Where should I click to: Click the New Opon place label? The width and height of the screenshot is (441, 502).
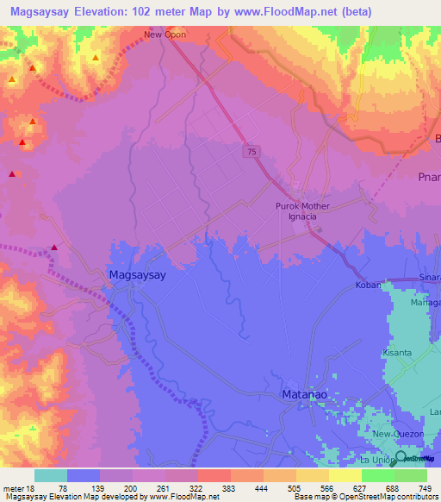pos(165,35)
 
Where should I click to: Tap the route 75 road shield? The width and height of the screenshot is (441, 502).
pos(250,151)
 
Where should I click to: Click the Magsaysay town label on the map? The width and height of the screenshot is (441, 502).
pos(138,274)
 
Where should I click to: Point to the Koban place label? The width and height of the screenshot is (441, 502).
pos(368,285)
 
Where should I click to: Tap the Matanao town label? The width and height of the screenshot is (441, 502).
pos(306,394)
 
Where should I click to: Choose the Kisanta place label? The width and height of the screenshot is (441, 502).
pos(398,354)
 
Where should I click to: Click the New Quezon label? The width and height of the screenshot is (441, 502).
pos(394,434)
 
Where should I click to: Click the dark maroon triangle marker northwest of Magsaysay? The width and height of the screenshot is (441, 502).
pos(54,248)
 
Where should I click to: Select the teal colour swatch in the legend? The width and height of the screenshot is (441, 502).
pos(50,475)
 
